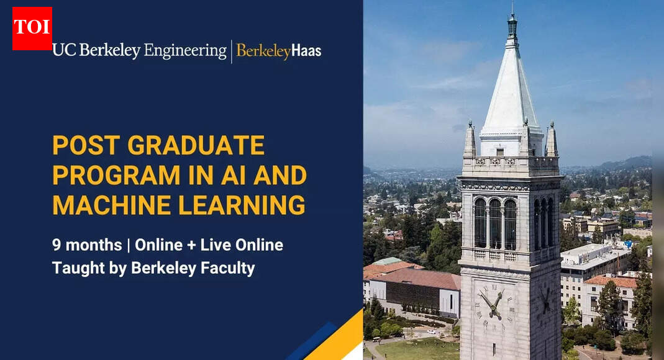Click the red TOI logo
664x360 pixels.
[x=32, y=28]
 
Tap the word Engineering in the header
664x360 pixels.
[x=185, y=51]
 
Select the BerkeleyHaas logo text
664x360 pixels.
[x=279, y=52]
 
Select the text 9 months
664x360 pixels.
[x=87, y=245]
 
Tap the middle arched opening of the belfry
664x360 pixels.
[x=494, y=223]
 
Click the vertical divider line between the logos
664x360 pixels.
[x=232, y=52]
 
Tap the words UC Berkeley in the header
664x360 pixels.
[x=96, y=51]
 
